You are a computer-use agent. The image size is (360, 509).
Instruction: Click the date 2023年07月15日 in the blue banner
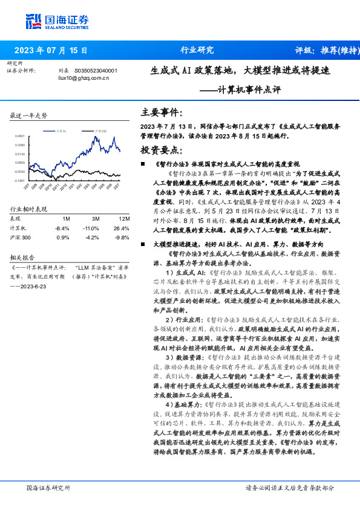[50, 50]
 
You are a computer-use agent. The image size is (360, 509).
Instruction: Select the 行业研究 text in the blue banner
[197, 50]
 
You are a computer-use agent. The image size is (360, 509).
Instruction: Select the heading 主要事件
[161, 112]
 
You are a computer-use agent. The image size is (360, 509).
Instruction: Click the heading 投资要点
[161, 149]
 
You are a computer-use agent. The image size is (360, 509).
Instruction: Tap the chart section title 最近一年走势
[29, 115]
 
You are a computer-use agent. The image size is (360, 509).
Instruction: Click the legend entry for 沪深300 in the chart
[100, 131]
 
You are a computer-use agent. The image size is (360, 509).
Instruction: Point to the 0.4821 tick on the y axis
[20, 136]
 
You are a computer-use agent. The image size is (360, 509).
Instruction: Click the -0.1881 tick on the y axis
[20, 180]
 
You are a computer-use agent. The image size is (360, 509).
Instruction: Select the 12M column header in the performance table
[123, 218]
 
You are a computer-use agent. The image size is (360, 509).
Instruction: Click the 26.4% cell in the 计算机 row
[122, 228]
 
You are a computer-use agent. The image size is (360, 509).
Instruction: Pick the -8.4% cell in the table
[62, 228]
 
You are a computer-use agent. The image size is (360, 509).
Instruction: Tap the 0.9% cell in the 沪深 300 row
[63, 238]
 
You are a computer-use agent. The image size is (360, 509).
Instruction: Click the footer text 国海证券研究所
[48, 488]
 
